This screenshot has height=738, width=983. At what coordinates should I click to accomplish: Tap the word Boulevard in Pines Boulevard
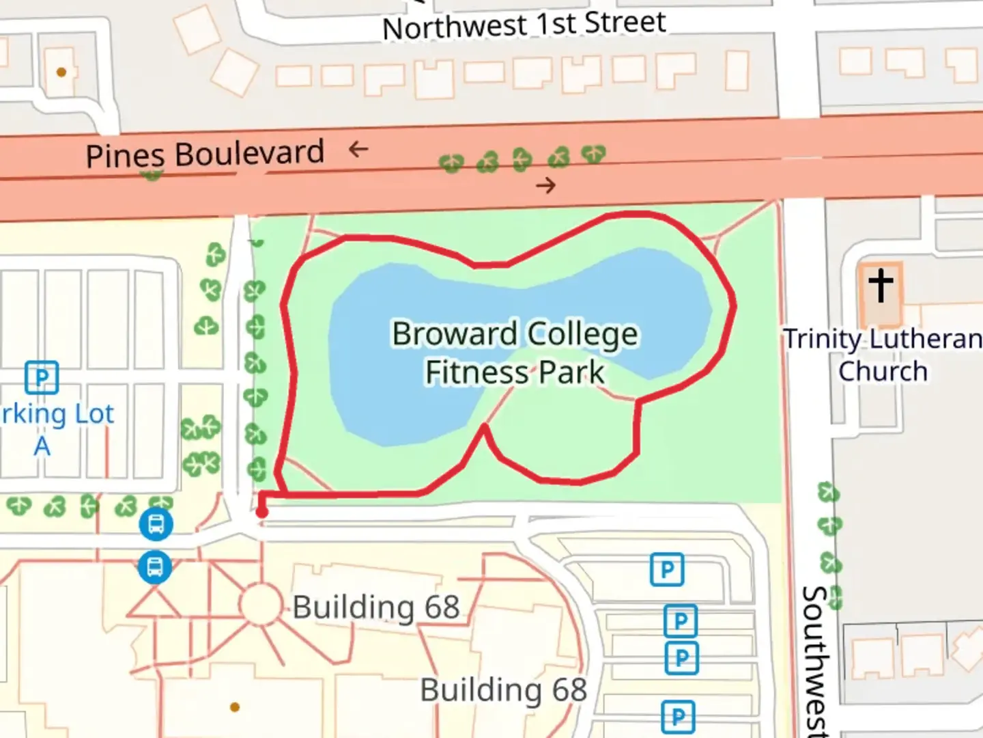tap(249, 153)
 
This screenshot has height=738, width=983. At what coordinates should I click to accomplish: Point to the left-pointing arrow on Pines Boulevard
tap(358, 148)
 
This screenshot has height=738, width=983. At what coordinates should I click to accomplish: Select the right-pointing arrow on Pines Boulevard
tap(545, 184)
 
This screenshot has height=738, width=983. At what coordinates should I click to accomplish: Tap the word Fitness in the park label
tap(477, 372)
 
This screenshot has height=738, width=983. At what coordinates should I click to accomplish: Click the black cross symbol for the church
tap(881, 285)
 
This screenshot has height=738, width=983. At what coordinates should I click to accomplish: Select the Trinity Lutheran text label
tap(882, 339)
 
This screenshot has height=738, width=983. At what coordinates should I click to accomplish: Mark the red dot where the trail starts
tap(261, 512)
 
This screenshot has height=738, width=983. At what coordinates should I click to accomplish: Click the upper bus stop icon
tap(156, 525)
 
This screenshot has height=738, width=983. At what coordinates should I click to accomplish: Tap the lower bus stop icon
tap(155, 567)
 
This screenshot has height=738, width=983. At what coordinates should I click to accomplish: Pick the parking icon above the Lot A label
tap(42, 377)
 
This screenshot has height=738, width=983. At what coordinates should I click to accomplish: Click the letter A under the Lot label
tap(42, 446)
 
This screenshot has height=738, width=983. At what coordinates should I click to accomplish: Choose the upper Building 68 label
tap(376, 607)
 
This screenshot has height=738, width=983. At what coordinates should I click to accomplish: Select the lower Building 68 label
tap(503, 689)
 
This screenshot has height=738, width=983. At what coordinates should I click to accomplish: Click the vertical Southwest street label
tap(815, 659)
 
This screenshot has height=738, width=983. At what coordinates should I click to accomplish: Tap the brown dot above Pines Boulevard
tap(61, 72)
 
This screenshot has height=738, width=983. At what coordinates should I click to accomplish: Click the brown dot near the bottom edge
tap(235, 707)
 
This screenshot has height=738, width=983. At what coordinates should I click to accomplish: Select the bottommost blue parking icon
tap(678, 717)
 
